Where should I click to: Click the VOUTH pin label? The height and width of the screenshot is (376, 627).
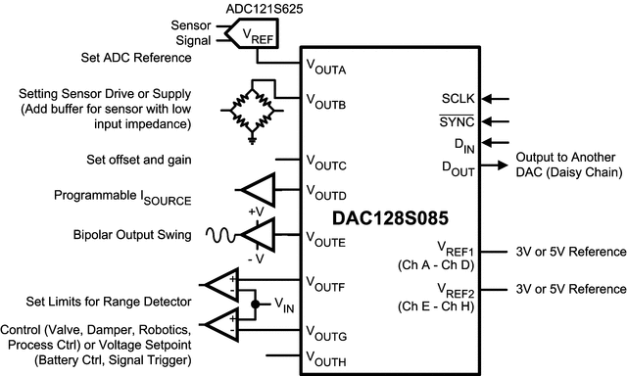[325, 362]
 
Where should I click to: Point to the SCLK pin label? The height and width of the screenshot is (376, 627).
[458, 99]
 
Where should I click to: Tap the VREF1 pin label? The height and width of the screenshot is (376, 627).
[456, 252]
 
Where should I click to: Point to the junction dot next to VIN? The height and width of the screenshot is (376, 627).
[256, 304]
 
